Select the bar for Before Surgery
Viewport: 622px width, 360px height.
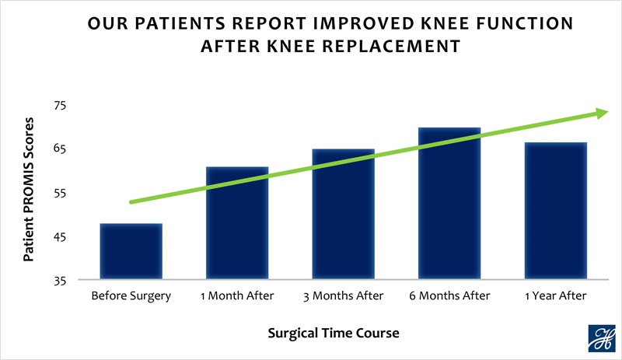click(x=131, y=252)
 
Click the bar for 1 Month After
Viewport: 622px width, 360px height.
click(x=237, y=224)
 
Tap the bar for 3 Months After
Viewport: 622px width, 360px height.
click(x=344, y=215)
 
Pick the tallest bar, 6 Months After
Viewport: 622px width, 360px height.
click(x=449, y=204)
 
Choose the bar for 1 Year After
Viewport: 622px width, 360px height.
click(x=555, y=211)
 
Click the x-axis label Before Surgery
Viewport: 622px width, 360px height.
click(x=131, y=296)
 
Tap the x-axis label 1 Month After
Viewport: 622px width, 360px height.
click(x=237, y=296)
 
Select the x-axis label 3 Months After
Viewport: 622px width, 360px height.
click(x=344, y=296)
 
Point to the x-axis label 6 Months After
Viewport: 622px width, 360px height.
click(x=449, y=296)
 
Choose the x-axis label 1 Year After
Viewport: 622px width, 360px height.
click(x=555, y=296)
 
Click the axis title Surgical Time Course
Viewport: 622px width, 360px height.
click(x=334, y=334)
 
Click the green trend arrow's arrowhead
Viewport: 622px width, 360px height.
click(x=602, y=114)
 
